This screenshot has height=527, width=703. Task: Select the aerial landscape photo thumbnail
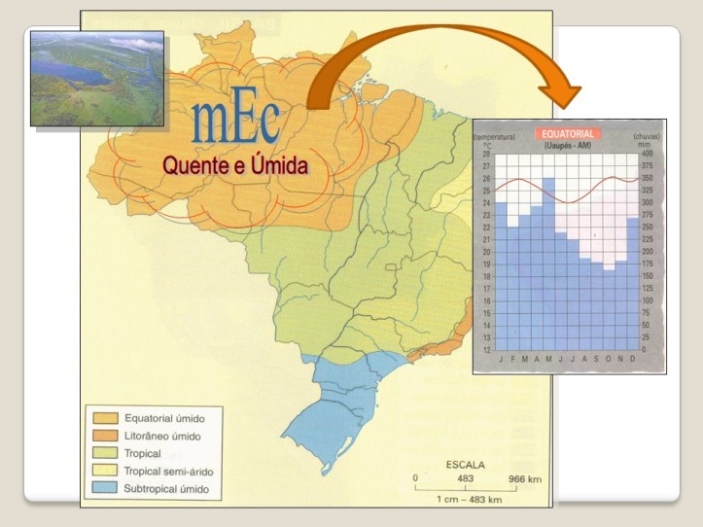97,78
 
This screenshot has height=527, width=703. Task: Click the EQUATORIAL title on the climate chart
568,133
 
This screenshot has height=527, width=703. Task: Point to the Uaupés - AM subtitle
568,145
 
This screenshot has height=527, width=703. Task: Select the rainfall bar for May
548,263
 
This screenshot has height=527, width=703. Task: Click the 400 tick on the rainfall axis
648,154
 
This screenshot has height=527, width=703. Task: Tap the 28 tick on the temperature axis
486,154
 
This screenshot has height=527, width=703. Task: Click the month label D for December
633,359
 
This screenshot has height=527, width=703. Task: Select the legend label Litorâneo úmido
158,436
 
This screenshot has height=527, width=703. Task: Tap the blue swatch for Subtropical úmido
102,487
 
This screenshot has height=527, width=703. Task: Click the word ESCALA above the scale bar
465,465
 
